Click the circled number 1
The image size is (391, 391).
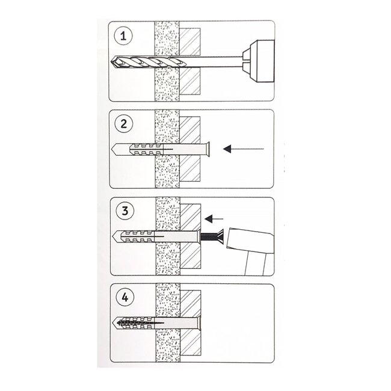point(124,37)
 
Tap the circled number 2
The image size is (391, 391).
point(124,125)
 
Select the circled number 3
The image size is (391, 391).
point(124,212)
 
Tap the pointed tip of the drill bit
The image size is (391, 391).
point(113,62)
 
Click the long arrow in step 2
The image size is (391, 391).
point(243,148)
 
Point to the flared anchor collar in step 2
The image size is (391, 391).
point(208,148)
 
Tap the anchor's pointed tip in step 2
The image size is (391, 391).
point(114,149)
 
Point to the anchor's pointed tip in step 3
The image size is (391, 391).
point(114,235)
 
